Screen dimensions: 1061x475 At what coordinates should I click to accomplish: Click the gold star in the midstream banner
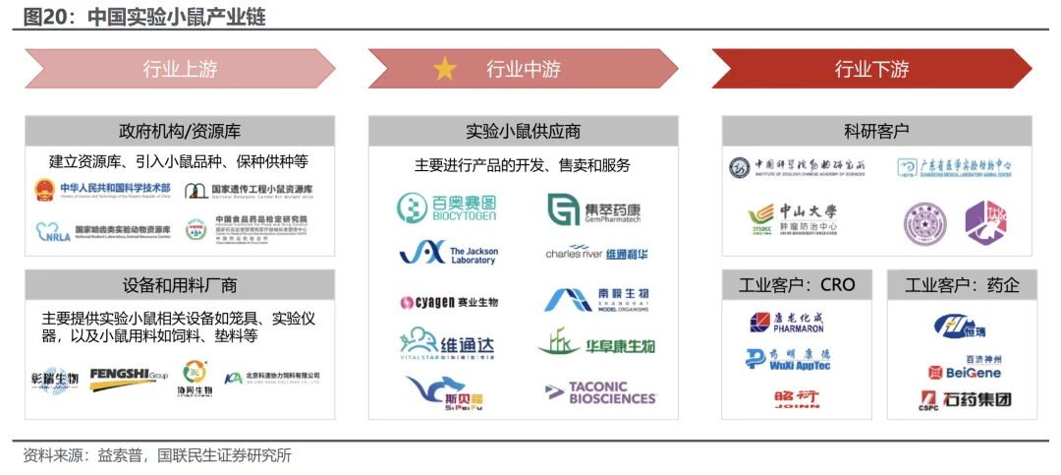point(445,69)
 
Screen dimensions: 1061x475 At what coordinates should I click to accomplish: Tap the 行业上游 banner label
point(180,69)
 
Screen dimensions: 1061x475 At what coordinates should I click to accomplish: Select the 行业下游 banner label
point(871,69)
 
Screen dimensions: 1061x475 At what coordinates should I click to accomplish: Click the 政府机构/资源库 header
point(180,131)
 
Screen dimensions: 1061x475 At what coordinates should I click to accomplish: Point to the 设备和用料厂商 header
point(180,285)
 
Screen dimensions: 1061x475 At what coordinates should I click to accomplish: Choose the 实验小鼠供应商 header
point(523,131)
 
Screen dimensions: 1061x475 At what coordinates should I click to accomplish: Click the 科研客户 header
point(876,131)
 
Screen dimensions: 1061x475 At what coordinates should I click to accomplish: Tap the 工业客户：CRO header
point(797,285)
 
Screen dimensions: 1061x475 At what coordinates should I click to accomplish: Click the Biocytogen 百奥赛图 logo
point(447,208)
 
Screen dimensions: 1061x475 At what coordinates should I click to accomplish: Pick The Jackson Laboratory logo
point(449,254)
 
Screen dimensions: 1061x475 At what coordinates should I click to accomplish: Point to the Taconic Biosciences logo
point(600,393)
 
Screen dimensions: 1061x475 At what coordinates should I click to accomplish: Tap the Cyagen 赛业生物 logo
point(449,302)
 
